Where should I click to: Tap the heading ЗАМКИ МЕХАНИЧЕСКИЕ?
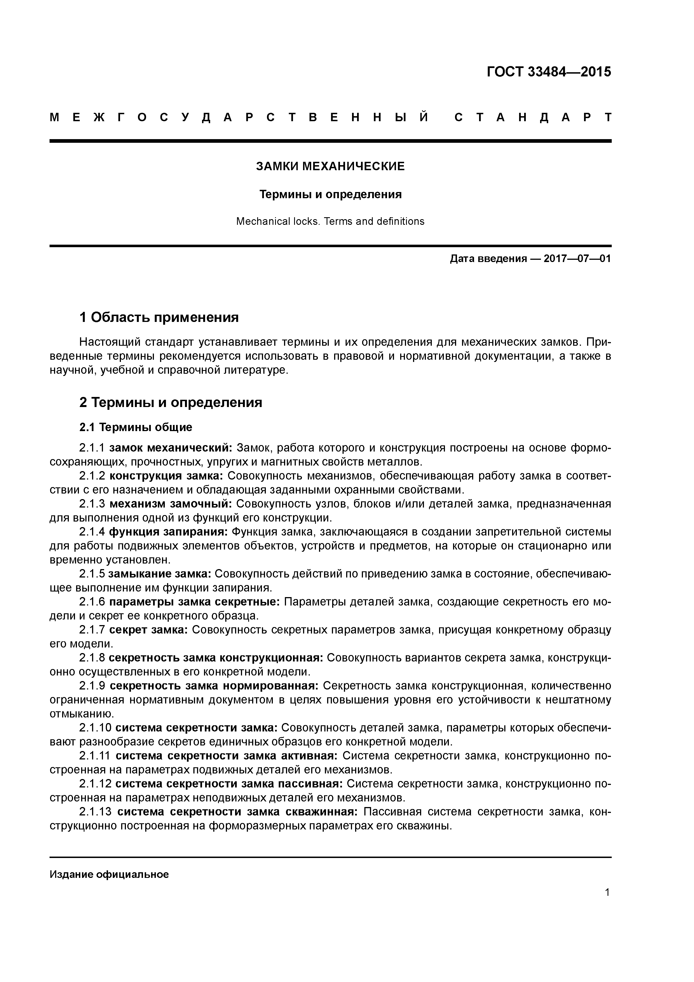pos(330,166)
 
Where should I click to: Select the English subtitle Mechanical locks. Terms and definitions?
pos(330,221)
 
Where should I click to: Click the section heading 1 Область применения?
pos(159,317)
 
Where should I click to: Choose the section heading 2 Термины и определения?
pos(171,403)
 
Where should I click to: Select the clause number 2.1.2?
pos(92,476)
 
